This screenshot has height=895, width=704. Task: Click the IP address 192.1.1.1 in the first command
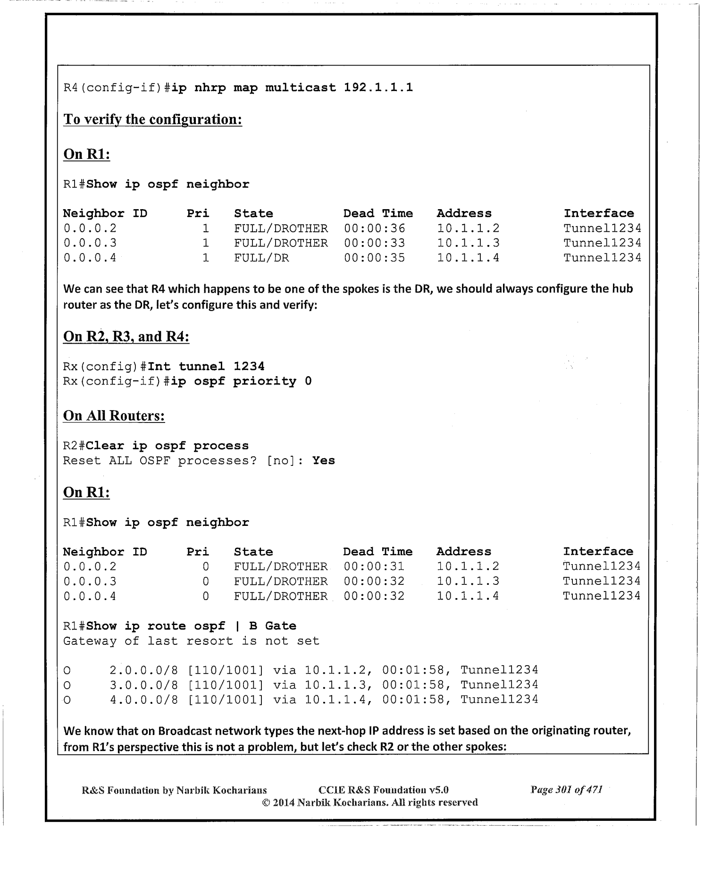[x=378, y=87]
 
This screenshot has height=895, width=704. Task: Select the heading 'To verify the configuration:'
[x=153, y=119]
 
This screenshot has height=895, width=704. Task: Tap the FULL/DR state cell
[x=261, y=258]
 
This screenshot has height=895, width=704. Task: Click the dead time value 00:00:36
[x=374, y=228]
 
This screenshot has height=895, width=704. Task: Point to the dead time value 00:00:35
[x=374, y=258]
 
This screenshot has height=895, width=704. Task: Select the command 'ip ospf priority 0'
[x=241, y=381]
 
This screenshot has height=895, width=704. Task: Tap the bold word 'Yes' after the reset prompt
[x=324, y=460]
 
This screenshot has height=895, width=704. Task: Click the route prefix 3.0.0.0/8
[x=144, y=684]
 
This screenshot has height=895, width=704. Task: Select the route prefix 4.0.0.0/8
[x=144, y=699]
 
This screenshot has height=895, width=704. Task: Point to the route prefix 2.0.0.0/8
[x=144, y=670]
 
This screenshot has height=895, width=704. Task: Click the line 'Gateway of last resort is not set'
[x=191, y=641]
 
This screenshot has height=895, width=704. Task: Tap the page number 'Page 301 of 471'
[x=566, y=789]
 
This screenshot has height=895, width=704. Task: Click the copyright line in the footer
[x=370, y=802]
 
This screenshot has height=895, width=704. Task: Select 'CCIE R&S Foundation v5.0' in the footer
[x=383, y=790]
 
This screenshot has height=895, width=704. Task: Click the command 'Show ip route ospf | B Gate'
[x=192, y=626]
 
